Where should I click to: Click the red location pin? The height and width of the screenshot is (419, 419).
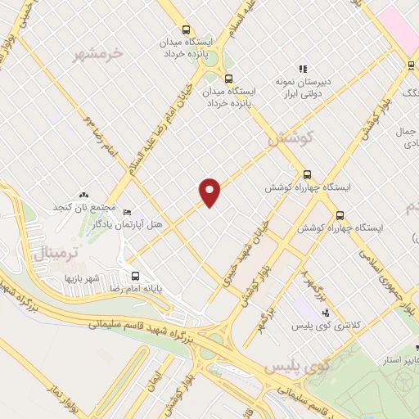[210, 192]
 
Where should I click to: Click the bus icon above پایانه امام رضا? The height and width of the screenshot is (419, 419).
[135, 275]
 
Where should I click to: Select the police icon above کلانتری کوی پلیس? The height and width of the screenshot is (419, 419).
[326, 313]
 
